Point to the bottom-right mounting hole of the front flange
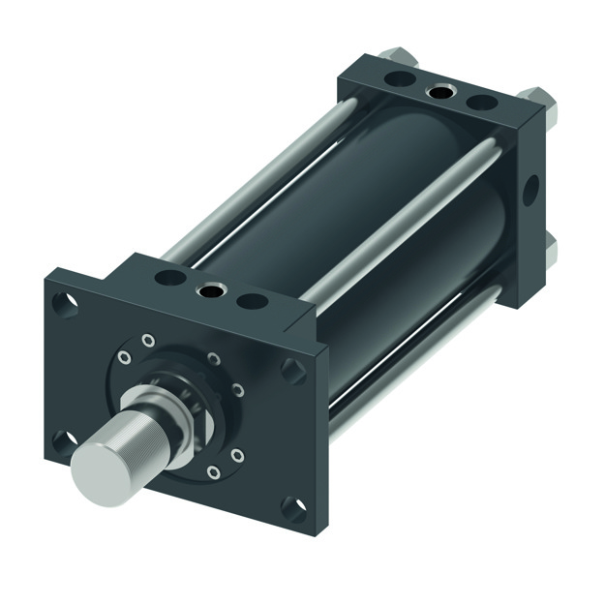click(x=291, y=507)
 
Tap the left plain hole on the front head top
click(x=170, y=279)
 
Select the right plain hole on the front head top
click(x=252, y=301)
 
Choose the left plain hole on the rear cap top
click(x=400, y=78)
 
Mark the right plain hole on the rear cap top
click(x=481, y=101)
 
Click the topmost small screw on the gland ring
click(x=147, y=339)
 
